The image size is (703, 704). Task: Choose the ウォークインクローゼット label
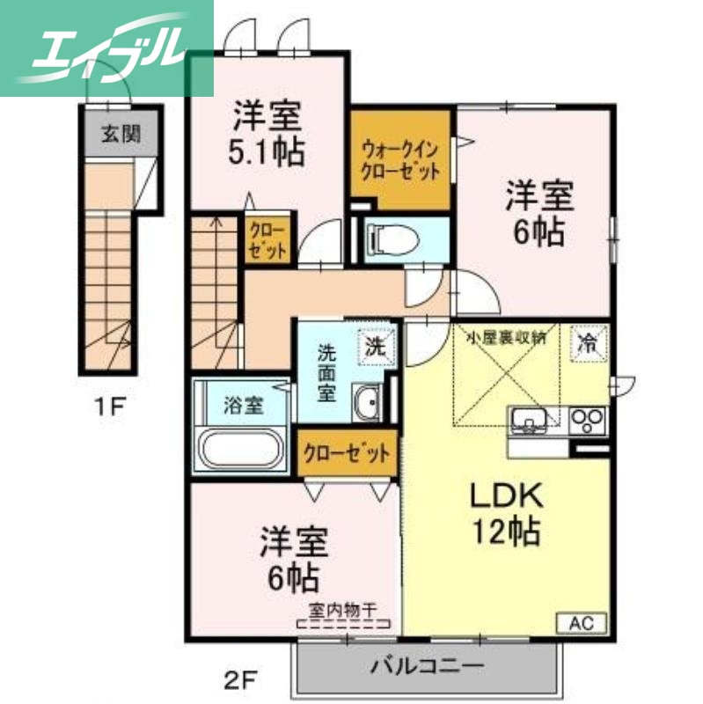(x=400, y=158)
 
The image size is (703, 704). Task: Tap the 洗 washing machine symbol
(x=375, y=346)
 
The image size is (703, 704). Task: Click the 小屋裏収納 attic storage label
(x=505, y=334)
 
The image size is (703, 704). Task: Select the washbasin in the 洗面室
(x=366, y=404)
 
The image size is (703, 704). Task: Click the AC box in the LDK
(x=582, y=623)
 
